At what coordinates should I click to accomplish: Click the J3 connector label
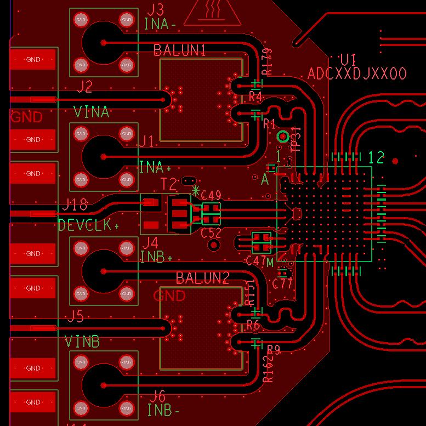point(156,9)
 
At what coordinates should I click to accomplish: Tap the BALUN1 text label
point(180,50)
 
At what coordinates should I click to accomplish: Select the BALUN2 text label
point(202,278)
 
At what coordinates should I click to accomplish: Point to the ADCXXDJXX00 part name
point(357,74)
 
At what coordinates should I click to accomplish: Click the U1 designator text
point(348,60)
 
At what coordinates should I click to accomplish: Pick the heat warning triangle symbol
point(212,12)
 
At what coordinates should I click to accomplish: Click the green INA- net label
point(160,24)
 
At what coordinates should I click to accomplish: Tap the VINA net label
point(92,112)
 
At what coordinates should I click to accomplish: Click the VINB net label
point(82,342)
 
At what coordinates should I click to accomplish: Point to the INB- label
point(163,410)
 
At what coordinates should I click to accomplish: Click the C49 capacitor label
point(211,195)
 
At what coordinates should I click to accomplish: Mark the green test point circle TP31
point(283,137)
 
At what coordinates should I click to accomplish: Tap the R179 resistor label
point(267,62)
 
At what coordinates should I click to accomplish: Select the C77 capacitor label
point(283,283)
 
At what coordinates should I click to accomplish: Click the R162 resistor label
point(268,368)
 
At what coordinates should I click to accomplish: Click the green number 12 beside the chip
point(377,157)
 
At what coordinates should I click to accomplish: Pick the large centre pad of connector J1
point(103,156)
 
